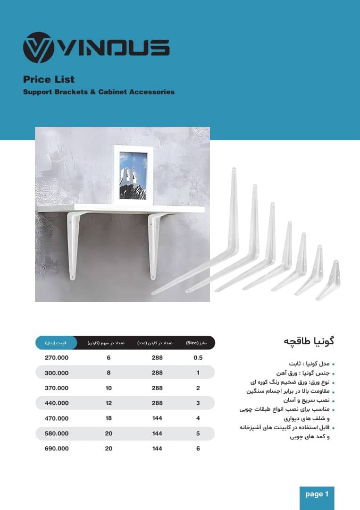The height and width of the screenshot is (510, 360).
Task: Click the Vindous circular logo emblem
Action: coord(38,48)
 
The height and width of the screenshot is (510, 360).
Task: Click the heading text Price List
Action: coord(49,79)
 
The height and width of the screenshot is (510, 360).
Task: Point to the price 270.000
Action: coord(57,357)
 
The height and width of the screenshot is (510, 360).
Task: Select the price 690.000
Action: coord(57,449)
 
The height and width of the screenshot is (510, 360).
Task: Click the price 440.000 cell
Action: coord(57,403)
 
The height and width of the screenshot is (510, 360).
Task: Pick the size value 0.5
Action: coord(198,357)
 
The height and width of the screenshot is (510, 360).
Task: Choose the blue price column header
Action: coord(56,343)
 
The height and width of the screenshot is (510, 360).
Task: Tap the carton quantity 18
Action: coord(109,418)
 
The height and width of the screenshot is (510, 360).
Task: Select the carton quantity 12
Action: coord(109,403)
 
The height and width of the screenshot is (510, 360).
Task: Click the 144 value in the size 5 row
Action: coord(157,433)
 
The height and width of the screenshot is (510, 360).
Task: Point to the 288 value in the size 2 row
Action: coord(157,388)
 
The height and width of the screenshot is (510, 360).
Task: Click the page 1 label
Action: coord(317,494)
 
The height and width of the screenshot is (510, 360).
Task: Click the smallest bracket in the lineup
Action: coord(331,281)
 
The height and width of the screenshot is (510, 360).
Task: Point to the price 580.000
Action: coord(57,433)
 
